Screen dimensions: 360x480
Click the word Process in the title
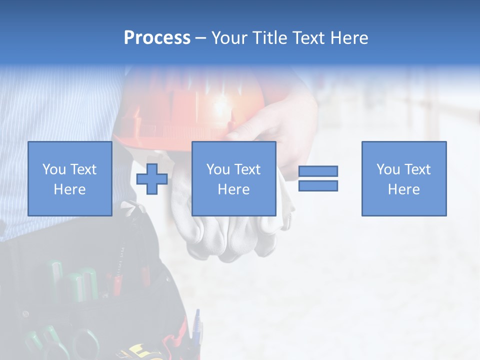coord(157,38)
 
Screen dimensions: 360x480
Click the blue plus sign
coord(152,179)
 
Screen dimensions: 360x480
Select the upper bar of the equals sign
coord(318,171)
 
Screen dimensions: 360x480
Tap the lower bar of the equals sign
coord(318,186)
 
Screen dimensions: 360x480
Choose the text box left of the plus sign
coord(69,178)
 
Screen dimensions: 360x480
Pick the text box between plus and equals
coord(233,178)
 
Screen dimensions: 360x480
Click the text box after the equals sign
coord(403,178)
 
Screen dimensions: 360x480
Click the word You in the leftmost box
coord(53,169)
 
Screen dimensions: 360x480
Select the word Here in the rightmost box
coord(403,189)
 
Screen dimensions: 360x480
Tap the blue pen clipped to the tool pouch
coord(197,327)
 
